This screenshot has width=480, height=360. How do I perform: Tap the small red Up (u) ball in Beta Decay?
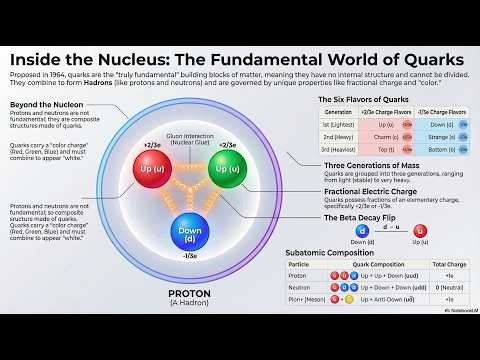coord(420,231)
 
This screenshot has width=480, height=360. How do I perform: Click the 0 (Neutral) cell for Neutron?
coord(445,286)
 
